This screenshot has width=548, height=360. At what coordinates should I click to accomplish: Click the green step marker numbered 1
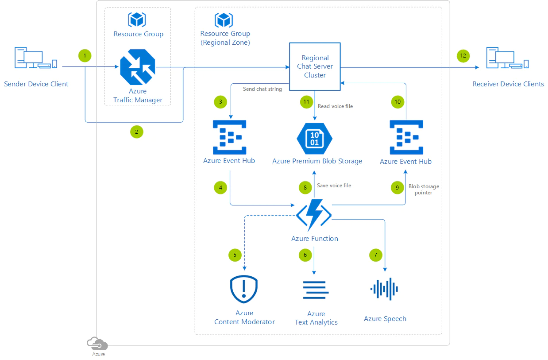[85, 56]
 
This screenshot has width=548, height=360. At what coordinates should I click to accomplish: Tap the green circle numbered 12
[463, 56]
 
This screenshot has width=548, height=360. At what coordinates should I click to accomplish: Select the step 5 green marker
[235, 255]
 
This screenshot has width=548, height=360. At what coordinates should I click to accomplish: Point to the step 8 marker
[305, 188]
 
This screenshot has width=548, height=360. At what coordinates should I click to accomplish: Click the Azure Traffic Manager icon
[138, 67]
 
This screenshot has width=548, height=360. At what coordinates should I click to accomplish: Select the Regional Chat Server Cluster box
[315, 66]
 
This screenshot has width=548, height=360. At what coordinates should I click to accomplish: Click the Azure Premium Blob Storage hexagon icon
[314, 139]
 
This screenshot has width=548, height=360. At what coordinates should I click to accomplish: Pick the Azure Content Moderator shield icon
[244, 289]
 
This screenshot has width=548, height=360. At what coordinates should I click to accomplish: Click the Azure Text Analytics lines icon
[316, 290]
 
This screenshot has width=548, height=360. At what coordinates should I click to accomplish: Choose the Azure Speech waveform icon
[384, 289]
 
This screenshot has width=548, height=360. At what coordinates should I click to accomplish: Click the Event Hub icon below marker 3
[229, 137]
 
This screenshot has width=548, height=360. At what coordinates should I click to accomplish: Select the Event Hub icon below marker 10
[405, 137]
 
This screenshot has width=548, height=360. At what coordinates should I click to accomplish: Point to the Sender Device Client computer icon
[36, 58]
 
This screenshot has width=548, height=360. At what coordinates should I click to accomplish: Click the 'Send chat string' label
[262, 89]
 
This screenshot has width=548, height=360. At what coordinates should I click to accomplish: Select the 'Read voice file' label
[335, 106]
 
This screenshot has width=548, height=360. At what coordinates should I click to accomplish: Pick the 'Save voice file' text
[334, 186]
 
